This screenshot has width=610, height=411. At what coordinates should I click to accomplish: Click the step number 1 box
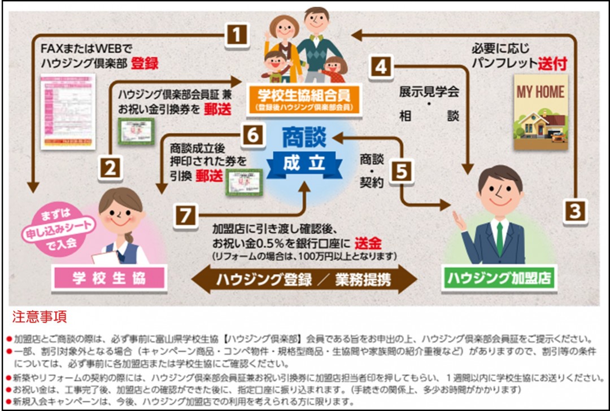click(x=238, y=36)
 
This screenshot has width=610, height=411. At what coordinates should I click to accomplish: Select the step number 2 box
click(x=111, y=168)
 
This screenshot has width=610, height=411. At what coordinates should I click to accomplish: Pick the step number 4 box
click(x=381, y=67)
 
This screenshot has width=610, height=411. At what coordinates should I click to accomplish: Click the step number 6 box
click(x=252, y=135)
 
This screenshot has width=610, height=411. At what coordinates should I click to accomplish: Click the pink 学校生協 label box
click(x=109, y=278)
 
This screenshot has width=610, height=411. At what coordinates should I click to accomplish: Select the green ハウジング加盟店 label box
click(x=499, y=278)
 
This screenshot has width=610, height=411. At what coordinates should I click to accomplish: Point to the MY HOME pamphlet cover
click(x=541, y=112)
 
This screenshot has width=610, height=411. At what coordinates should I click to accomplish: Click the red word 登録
click(x=145, y=63)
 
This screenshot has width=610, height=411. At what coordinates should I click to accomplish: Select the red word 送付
click(x=552, y=63)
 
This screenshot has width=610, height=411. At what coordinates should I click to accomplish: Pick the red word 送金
click(x=369, y=243)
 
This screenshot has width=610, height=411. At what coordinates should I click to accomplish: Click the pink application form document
click(x=68, y=111)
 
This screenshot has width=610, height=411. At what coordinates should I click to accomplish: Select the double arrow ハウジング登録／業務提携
click(x=304, y=280)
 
